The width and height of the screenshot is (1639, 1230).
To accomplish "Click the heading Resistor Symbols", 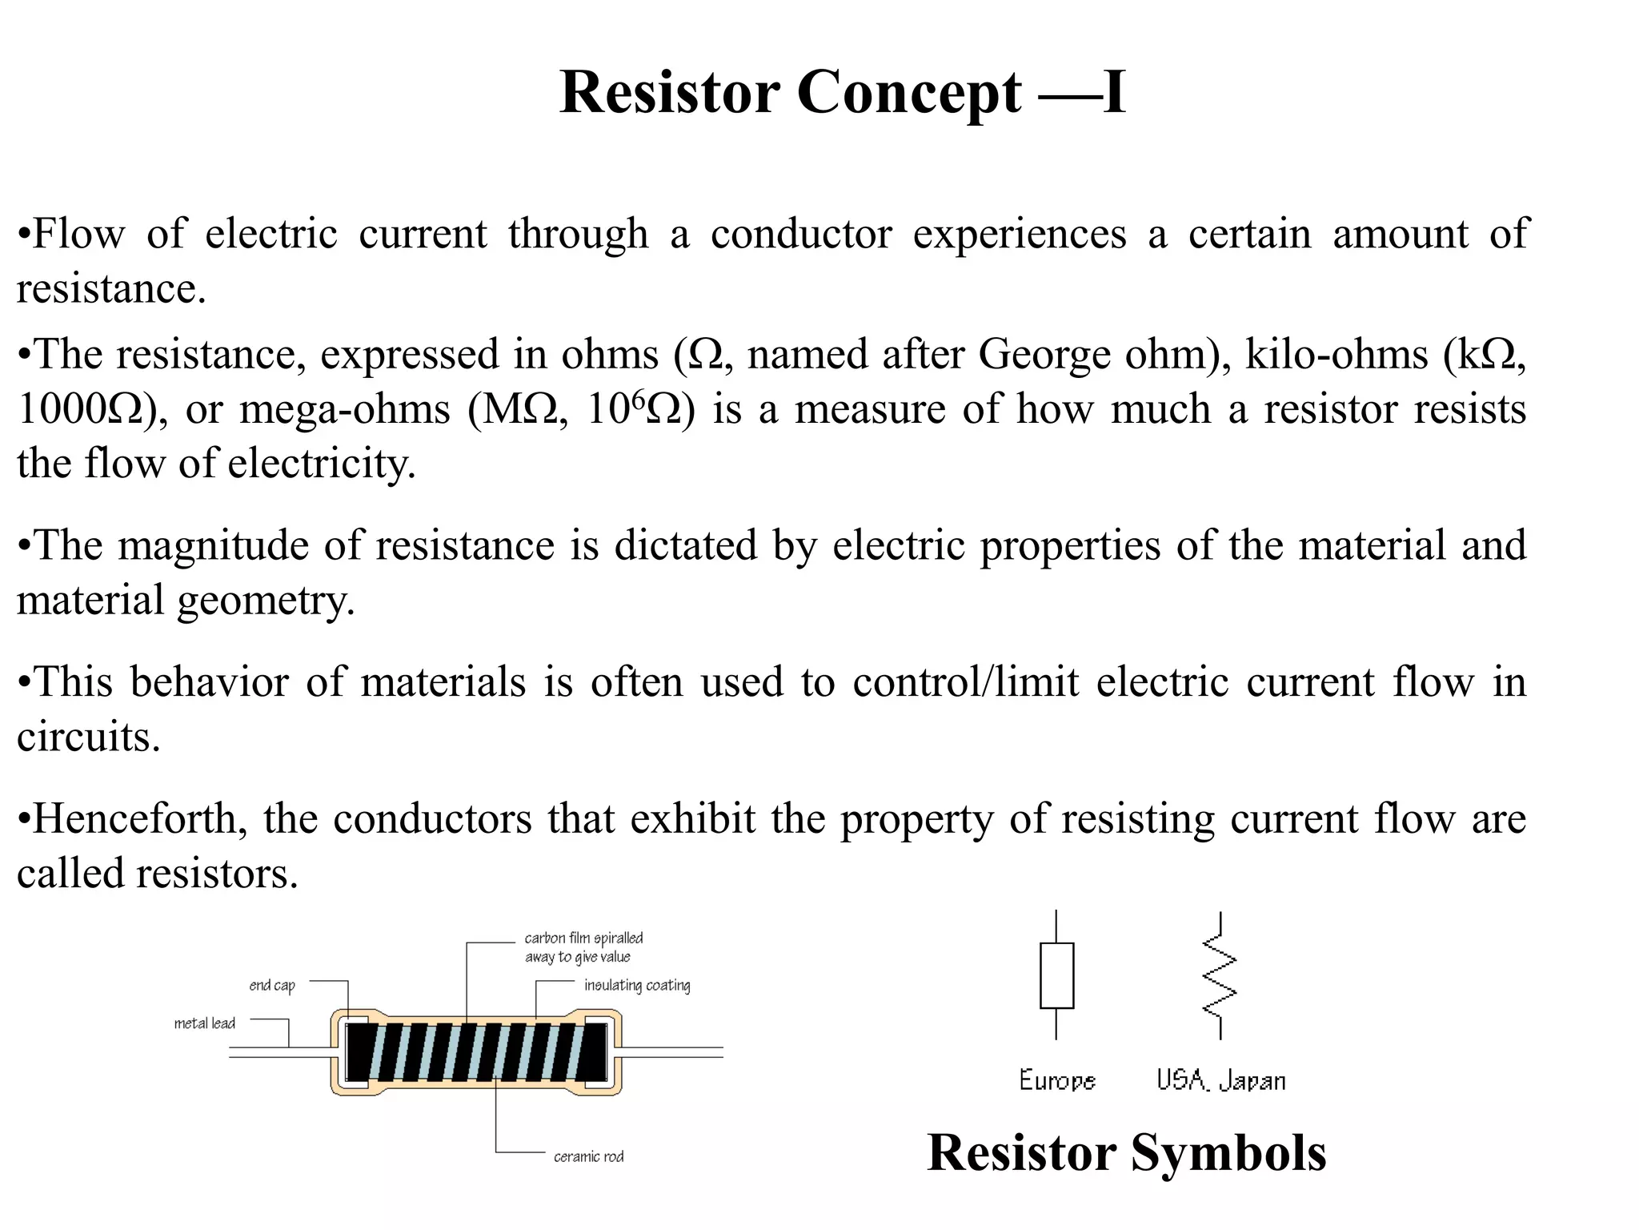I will (1126, 1153).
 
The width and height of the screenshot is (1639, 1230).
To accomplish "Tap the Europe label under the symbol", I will (1056, 1080).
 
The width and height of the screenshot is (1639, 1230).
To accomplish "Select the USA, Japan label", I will (1220, 1080).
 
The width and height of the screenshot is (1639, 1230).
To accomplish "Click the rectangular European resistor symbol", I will (1056, 975).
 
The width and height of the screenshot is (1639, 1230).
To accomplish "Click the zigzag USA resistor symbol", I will (1220, 975).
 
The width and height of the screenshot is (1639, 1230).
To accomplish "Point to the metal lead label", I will (205, 1023).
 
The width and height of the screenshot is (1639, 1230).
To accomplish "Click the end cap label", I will (272, 986).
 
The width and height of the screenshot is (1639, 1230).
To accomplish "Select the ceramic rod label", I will (588, 1156).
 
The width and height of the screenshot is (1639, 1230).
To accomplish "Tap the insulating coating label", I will (637, 986).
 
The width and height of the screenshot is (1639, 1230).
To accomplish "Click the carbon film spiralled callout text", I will (583, 947).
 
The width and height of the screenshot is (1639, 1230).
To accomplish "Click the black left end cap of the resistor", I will (360, 1051).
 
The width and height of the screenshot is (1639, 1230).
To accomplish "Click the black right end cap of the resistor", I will (595, 1051).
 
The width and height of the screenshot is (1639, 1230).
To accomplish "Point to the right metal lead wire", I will (672, 1052).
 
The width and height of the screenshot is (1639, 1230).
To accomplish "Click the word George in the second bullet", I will (1044, 355).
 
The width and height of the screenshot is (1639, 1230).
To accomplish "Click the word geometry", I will (266, 601).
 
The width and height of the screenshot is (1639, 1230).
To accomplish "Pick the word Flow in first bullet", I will (78, 235).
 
